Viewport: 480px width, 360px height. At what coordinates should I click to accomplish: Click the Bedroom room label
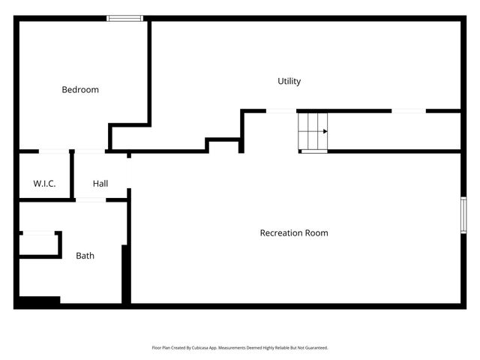pos(79,90)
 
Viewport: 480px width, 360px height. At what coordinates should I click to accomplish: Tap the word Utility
pos(289,81)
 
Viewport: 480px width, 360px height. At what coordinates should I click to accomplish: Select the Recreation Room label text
pos(293,233)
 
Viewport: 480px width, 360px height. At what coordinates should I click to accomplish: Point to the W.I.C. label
pos(44,184)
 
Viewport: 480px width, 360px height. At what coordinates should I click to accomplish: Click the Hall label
pos(100,184)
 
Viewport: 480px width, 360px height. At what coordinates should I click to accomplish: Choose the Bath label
pos(85,256)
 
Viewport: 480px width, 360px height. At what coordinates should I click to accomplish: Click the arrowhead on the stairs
pos(325,131)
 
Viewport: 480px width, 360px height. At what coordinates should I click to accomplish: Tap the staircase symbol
pos(313,132)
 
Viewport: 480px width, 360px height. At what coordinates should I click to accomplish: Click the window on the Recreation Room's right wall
pos(463,214)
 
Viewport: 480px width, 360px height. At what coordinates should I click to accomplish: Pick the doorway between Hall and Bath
pos(91,200)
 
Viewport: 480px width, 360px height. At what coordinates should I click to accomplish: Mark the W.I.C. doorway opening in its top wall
pos(54,152)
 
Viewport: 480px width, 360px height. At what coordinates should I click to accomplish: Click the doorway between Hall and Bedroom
pos(90,152)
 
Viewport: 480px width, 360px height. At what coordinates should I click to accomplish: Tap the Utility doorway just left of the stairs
pos(281,111)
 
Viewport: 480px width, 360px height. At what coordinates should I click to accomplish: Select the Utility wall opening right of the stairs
pos(409,111)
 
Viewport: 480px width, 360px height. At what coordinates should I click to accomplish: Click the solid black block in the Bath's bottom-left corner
pos(37,301)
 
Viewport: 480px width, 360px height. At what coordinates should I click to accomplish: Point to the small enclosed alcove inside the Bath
pos(39,245)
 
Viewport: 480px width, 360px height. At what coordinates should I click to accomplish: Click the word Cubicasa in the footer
pos(207,348)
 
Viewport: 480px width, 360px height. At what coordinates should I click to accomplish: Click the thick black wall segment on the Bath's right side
pos(126,274)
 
